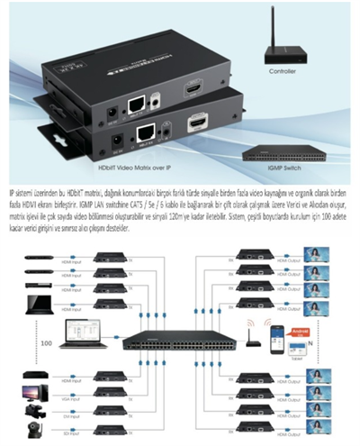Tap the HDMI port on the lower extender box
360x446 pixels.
(197, 123)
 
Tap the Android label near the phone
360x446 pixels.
(301, 330)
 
